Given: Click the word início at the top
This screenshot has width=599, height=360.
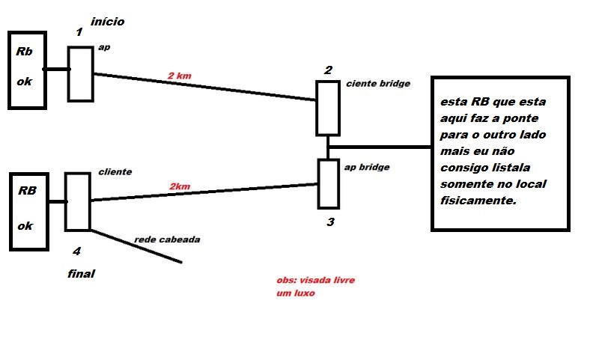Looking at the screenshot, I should pos(107,22).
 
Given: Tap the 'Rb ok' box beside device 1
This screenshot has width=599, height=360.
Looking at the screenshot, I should pos(27,70).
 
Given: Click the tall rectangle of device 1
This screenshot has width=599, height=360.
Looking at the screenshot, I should pos(80,73).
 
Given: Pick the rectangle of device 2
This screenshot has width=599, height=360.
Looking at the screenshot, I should pos(327,108).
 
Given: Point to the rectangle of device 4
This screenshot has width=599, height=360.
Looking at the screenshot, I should pos(77,201).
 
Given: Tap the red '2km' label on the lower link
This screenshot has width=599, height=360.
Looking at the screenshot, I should pos(181,186).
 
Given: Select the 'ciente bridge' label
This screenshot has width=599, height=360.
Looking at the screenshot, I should pos(378,84).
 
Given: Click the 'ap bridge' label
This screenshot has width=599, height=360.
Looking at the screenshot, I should pos(366,167).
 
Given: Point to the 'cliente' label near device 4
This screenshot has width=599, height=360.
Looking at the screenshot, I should pos(115,171).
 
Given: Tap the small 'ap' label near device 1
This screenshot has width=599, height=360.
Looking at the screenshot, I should pos(105,47).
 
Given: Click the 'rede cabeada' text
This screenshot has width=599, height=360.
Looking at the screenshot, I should pos(167,240).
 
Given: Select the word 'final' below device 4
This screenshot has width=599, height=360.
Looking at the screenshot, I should pos(81,274).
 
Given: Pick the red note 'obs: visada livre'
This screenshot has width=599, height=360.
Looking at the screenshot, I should pos(315,280).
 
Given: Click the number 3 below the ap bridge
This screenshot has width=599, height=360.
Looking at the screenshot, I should pos(329,222).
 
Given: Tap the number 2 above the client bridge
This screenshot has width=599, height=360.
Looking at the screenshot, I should pos(328,70).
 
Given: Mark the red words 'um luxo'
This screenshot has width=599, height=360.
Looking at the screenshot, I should pos(296,293).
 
